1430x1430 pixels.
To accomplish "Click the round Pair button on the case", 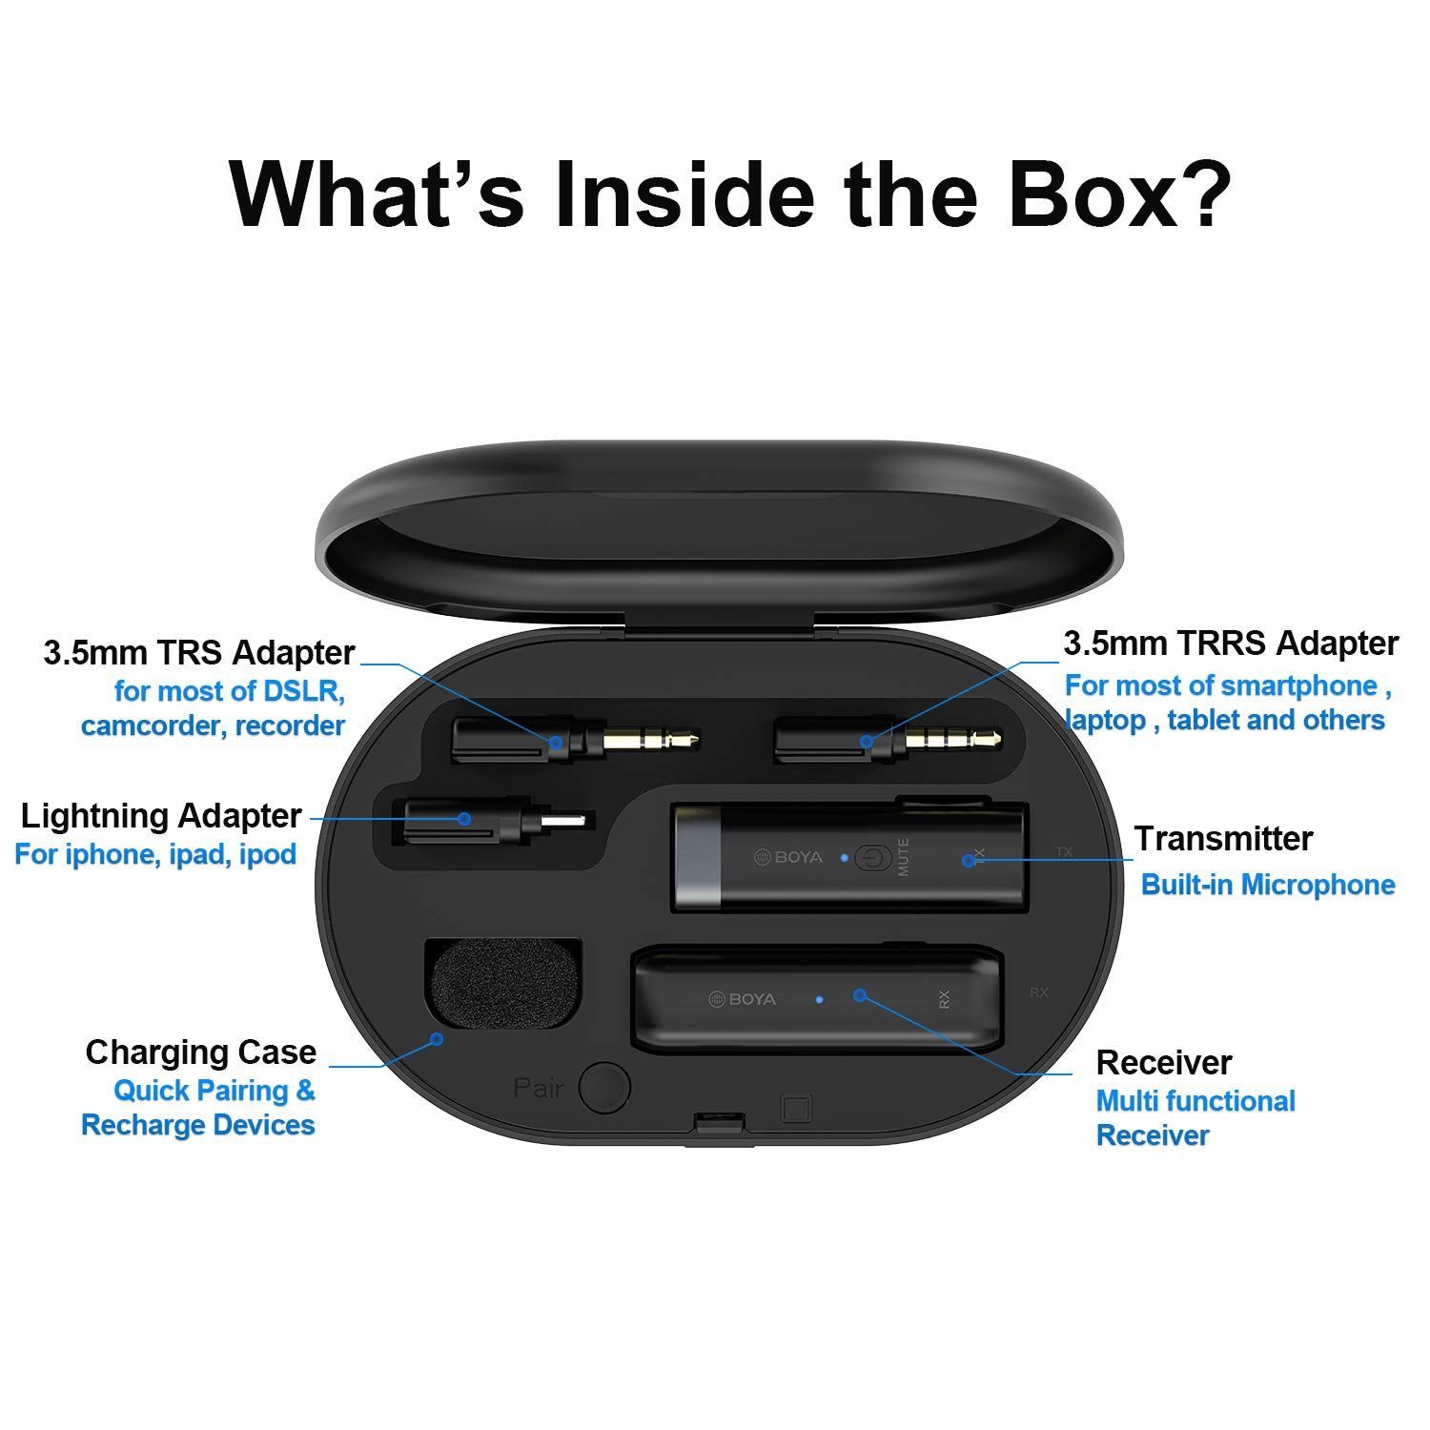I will click(x=606, y=1087).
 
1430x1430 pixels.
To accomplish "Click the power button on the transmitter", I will click(x=868, y=857).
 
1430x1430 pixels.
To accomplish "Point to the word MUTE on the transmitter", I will click(x=903, y=857).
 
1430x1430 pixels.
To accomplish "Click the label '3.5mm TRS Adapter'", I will click(x=199, y=653).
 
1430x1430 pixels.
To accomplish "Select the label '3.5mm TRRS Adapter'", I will click(x=1231, y=643).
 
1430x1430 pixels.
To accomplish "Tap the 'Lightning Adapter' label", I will click(x=161, y=816).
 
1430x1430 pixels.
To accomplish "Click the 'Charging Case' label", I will click(x=201, y=1052).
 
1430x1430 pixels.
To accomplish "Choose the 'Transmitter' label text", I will click(x=1223, y=839).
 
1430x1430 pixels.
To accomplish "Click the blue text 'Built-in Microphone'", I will click(x=1268, y=885).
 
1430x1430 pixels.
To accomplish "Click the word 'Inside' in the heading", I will click(x=684, y=195).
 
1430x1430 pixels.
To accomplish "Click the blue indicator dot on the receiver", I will click(x=820, y=999).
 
